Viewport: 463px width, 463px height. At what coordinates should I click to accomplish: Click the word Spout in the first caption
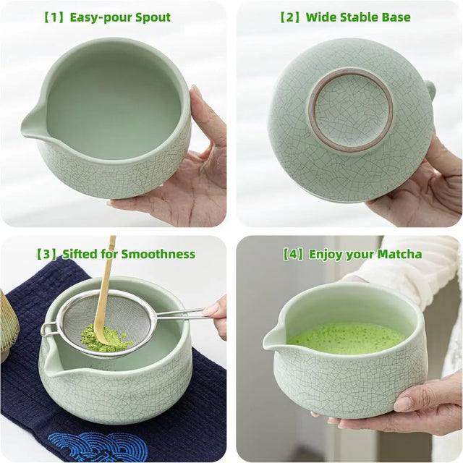coord(150,17)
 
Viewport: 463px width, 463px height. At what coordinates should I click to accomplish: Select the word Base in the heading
coord(395,17)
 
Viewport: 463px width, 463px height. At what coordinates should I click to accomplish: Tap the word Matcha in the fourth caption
coord(399,254)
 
